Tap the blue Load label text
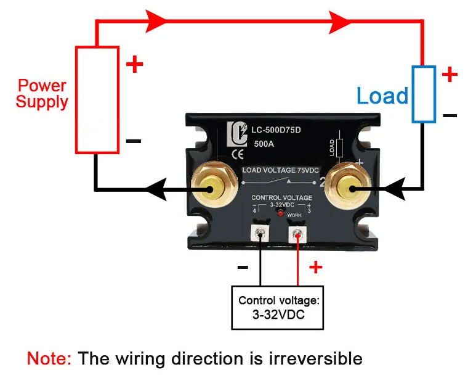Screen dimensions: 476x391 coord(382,96)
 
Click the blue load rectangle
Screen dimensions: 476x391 coord(413,94)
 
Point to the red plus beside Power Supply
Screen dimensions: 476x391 coord(134,64)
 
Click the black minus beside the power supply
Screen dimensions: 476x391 coord(134,141)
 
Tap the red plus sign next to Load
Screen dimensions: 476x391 coord(450,74)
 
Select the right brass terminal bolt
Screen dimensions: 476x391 coord(347,186)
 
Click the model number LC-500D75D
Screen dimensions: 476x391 coord(276,130)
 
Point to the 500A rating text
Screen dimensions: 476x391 coord(264,144)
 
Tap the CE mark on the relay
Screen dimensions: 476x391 coord(238,155)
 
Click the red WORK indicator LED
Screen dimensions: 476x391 coord(281,214)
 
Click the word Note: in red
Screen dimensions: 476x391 coord(49,358)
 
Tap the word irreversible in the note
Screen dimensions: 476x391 coord(315,358)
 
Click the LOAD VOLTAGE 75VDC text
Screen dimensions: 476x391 coord(280,170)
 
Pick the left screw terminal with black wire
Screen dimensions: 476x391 coord(260,234)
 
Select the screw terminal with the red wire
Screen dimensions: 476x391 coord(297,235)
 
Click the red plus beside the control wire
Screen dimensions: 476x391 coord(315,267)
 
